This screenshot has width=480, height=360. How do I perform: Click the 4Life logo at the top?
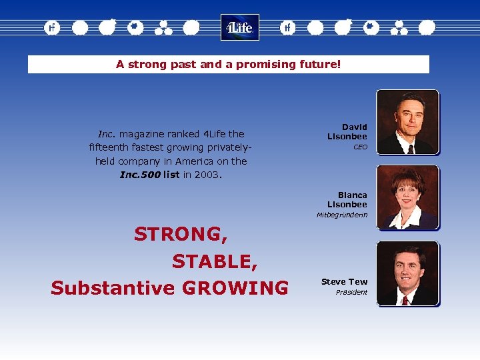[239, 27]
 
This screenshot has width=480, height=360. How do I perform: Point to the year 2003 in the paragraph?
[207, 175]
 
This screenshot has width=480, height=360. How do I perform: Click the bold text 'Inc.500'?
[140, 175]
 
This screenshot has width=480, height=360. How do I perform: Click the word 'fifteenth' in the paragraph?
[111, 147]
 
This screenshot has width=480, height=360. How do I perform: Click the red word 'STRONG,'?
[181, 234]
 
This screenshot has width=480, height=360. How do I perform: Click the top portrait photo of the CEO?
[407, 123]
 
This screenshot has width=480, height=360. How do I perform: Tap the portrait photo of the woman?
[407, 198]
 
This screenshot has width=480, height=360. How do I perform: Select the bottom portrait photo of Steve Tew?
[407, 274]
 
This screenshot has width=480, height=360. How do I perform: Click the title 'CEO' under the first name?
[360, 147]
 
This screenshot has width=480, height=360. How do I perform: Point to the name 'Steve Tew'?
[344, 282]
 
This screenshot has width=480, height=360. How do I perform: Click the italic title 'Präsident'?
[351, 293]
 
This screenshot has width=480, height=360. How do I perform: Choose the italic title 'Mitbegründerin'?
[341, 215]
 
